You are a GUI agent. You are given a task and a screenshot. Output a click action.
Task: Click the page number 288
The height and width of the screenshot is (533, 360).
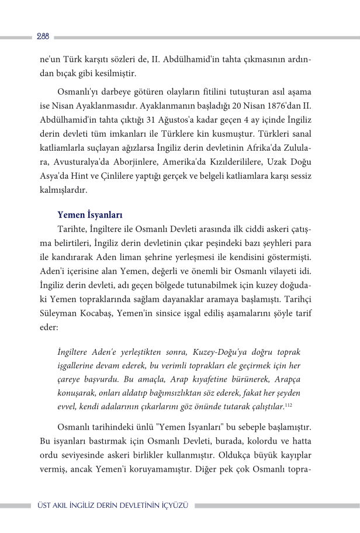(43, 36)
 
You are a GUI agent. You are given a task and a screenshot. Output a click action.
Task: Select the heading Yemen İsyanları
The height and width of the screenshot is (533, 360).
(89, 215)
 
